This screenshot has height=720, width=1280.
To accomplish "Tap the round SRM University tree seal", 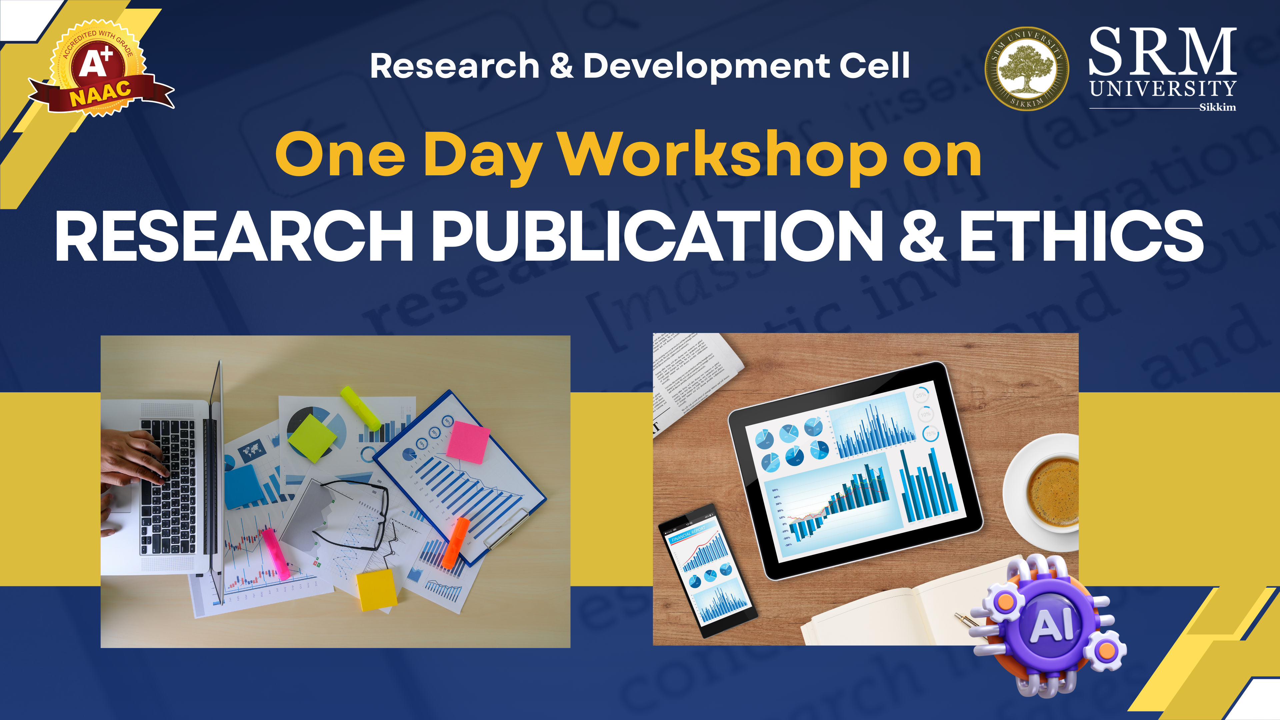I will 1027,69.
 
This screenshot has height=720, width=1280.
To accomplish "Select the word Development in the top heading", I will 706,66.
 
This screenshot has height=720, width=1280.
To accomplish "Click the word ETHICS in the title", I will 1081,236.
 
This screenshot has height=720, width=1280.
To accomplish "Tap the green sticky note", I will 312,438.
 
